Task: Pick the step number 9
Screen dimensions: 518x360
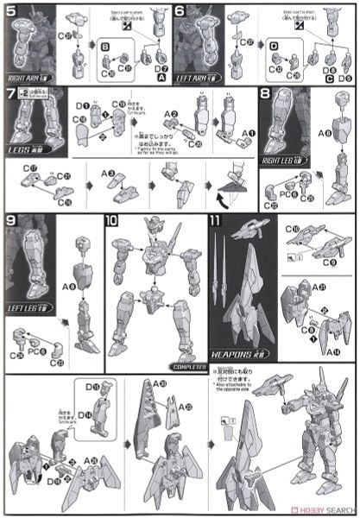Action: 11,221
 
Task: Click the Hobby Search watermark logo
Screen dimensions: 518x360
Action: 331,507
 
